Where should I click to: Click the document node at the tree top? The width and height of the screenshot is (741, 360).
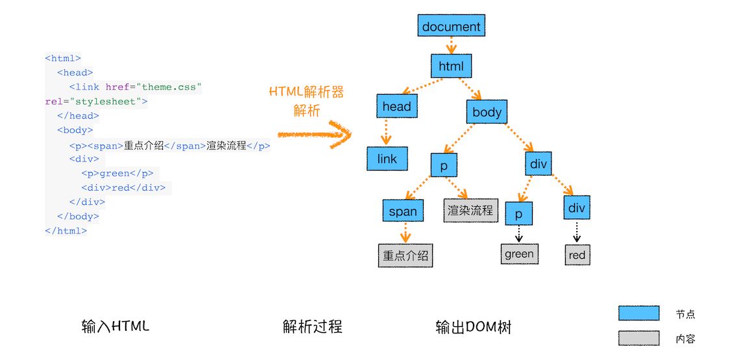pyautogui.click(x=451, y=27)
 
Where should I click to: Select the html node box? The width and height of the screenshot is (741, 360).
pyautogui.click(x=451, y=66)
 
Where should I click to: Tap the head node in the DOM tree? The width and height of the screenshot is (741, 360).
pyautogui.click(x=396, y=106)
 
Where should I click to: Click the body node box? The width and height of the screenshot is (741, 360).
pyautogui.click(x=487, y=112)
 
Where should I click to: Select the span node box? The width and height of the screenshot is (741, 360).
pyautogui.click(x=403, y=211)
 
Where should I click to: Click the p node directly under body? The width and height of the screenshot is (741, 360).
pyautogui.click(x=444, y=165)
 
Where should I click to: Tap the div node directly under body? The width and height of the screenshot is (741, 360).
pyautogui.click(x=539, y=164)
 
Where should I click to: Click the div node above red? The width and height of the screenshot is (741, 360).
pyautogui.click(x=576, y=208)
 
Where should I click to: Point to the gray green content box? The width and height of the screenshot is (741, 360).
pyautogui.click(x=519, y=254)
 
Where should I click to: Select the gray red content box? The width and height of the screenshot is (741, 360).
pyautogui.click(x=577, y=255)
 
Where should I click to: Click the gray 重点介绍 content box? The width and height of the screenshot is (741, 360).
pyautogui.click(x=406, y=256)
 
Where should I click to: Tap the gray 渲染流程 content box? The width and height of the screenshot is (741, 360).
pyautogui.click(x=470, y=211)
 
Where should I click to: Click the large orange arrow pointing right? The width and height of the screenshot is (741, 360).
pyautogui.click(x=314, y=135)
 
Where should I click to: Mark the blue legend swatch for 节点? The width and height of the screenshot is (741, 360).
pyautogui.click(x=638, y=313)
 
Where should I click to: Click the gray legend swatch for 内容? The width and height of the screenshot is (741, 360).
pyautogui.click(x=638, y=338)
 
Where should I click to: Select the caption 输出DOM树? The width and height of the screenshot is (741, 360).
pyautogui.click(x=474, y=327)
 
